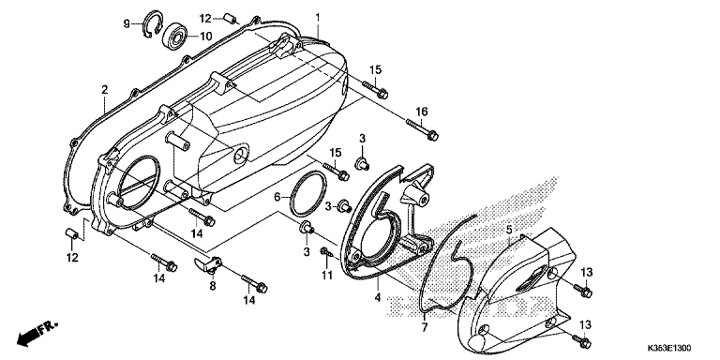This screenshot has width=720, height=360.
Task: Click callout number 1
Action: pos(317,18)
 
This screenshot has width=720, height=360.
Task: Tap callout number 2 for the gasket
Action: pos(105,90)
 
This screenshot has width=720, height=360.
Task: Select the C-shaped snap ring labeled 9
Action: pos(151,24)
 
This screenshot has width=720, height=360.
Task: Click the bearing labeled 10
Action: pos(176,35)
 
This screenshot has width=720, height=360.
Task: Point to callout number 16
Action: pos(422,112)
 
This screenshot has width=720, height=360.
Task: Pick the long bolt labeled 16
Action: pos(422,129)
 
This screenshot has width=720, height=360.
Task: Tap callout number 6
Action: pos(277,198)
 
